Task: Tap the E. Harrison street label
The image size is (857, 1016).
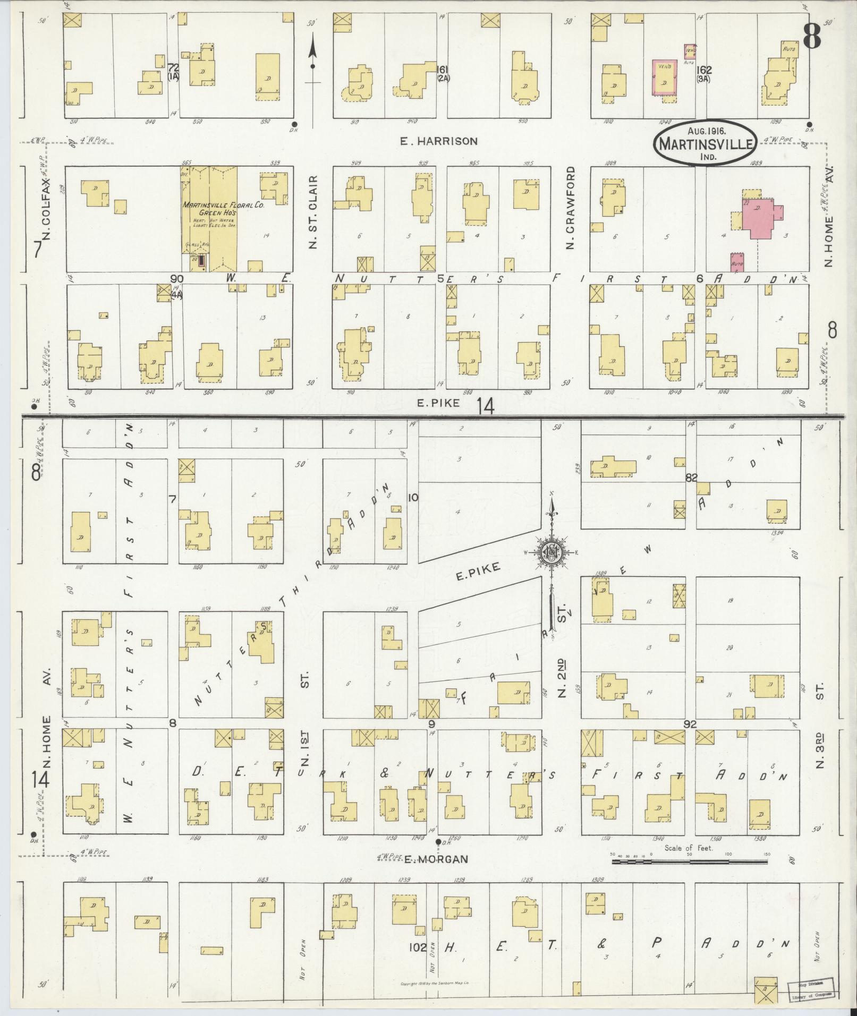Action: pos(438,141)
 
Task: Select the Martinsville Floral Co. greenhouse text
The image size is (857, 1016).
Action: pos(209,208)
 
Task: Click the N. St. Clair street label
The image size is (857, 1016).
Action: pos(313,212)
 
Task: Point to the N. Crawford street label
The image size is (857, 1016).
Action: pos(571,208)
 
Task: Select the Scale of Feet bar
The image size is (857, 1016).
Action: pos(690,861)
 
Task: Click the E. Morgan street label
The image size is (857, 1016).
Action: pos(435,859)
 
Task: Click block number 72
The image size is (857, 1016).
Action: pos(173,68)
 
